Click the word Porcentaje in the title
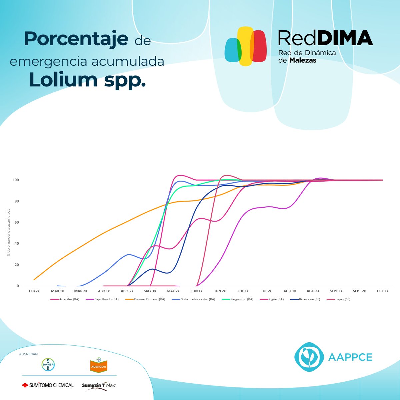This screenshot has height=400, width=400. pyautogui.click(x=76, y=39)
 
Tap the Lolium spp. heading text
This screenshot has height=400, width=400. pyautogui.click(x=87, y=79)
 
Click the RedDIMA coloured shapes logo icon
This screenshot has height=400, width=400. pyautogui.click(x=246, y=46)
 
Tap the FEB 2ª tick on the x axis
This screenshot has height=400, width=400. pyautogui.click(x=34, y=291)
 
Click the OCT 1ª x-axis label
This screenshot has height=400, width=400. pyautogui.click(x=382, y=291)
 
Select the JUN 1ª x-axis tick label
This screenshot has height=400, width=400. pyautogui.click(x=196, y=291)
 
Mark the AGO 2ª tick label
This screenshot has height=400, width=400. pyautogui.click(x=313, y=291)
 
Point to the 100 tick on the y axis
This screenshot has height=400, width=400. pyautogui.click(x=16, y=180)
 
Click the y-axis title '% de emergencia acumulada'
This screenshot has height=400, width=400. pyautogui.click(x=9, y=233)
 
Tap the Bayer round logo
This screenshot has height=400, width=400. pyautogui.click(x=48, y=365)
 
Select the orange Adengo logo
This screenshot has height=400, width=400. pyautogui.click(x=99, y=366)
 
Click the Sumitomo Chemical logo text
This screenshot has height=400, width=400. pyautogui.click(x=48, y=385)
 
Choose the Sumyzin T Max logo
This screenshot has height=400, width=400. pyautogui.click(x=99, y=385)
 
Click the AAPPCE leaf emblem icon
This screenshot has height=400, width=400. pyautogui.click(x=309, y=357)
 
